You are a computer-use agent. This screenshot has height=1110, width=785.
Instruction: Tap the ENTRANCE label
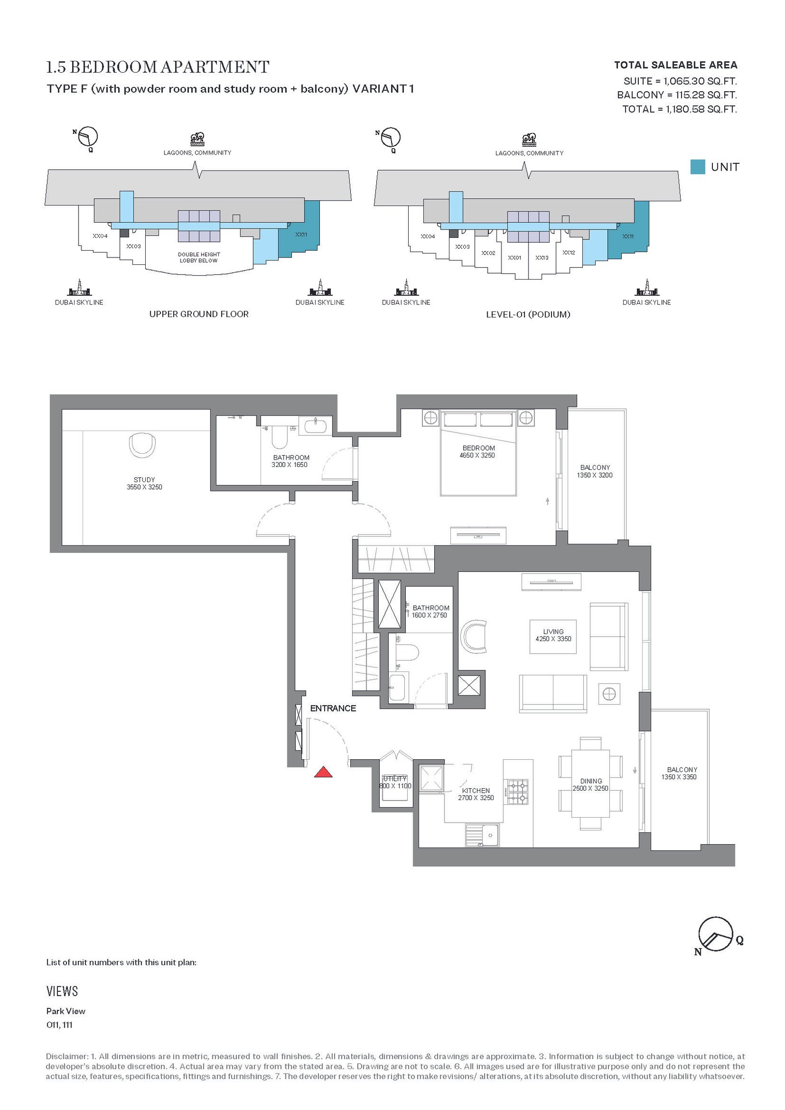click(333, 708)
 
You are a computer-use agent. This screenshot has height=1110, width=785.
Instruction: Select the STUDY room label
click(144, 480)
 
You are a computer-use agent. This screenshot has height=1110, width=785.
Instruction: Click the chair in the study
click(143, 445)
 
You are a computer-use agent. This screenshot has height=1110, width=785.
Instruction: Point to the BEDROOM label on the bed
click(478, 448)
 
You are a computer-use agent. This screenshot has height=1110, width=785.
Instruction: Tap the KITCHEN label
click(476, 791)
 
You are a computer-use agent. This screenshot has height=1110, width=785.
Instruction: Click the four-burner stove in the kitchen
click(518, 792)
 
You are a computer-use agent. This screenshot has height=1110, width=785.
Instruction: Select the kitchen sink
click(482, 835)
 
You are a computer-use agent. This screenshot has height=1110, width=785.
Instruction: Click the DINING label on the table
click(591, 781)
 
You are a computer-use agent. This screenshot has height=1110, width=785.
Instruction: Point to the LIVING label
click(553, 632)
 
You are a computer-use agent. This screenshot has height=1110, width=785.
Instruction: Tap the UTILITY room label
click(395, 778)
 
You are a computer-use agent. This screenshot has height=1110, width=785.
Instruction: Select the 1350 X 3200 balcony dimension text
click(595, 475)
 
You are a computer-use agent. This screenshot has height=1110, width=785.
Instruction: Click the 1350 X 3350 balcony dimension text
click(679, 777)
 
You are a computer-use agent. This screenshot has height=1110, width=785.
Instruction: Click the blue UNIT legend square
click(698, 167)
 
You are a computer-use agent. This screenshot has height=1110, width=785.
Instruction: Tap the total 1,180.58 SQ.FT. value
click(701, 109)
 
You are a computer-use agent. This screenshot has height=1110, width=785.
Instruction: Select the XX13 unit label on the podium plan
click(542, 258)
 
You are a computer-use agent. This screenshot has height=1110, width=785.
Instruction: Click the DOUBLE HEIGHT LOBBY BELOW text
click(199, 258)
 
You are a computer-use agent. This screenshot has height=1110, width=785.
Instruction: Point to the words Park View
click(66, 1011)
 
